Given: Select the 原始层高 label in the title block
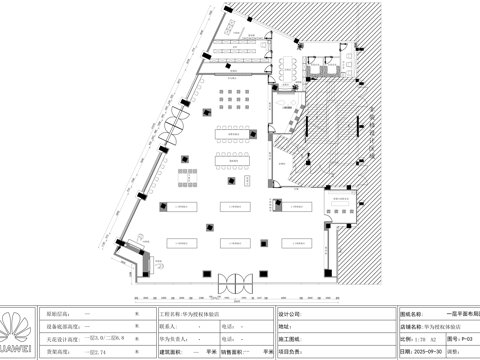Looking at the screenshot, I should [x=61, y=313].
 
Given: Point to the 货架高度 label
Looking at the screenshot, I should [x=61, y=352].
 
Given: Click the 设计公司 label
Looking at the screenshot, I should [x=291, y=313].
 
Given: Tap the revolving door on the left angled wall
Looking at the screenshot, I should [x=175, y=124].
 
